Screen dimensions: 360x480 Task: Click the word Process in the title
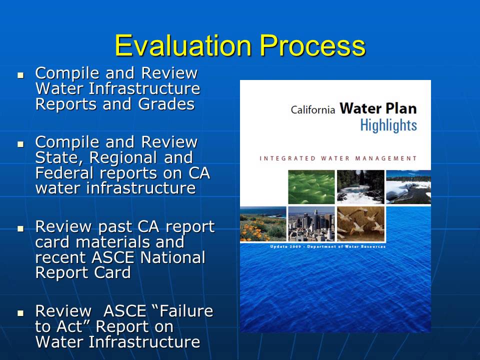click(x=308, y=46)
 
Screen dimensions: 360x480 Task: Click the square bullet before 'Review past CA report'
click(x=20, y=228)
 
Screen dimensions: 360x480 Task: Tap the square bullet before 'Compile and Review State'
click(x=20, y=143)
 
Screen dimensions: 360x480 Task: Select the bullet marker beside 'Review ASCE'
click(x=20, y=312)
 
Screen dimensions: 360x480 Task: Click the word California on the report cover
click(x=312, y=110)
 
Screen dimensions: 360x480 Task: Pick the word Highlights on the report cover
click(x=388, y=125)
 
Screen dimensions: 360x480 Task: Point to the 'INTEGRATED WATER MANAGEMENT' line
click(x=338, y=158)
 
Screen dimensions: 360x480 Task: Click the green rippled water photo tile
click(x=311, y=186)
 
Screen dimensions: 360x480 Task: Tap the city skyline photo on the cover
click(x=311, y=223)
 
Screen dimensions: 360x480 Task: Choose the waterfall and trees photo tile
click(x=360, y=186)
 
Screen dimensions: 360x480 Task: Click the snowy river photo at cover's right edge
click(x=408, y=186)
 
